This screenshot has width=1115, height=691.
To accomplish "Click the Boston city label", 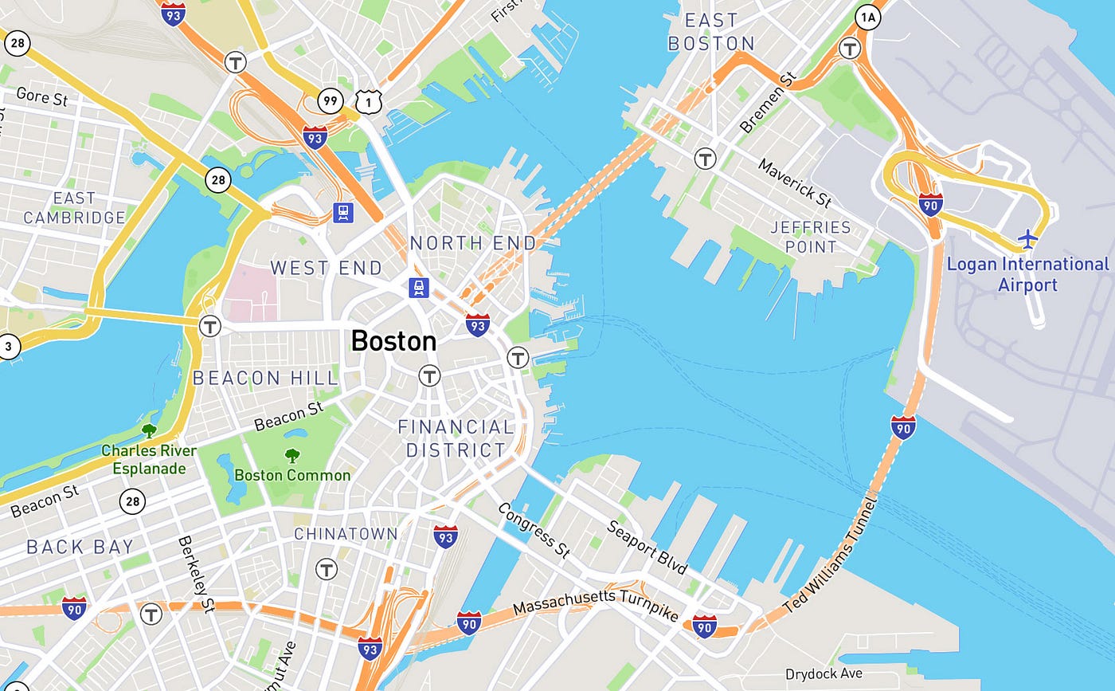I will tap(393, 341).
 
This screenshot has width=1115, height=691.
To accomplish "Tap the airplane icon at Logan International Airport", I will tap(1028, 238).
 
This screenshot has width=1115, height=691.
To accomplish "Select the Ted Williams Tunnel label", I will tap(831, 556).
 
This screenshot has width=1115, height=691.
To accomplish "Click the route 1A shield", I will tap(867, 16).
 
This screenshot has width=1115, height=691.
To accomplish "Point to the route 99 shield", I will tap(330, 100).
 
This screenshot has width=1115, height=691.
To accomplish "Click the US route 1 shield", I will tap(366, 100).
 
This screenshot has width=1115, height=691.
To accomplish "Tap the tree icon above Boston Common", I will tap(291, 456).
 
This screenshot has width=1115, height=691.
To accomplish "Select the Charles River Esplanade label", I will tap(149, 460).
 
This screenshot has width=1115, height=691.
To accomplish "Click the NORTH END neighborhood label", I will tap(472, 242).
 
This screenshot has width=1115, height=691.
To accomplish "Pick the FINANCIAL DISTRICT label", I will tap(456, 438).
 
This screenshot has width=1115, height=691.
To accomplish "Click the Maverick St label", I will tap(794, 183).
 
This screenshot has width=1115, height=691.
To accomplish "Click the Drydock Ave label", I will tap(823, 674).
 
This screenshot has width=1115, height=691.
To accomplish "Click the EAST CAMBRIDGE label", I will tap(74, 207).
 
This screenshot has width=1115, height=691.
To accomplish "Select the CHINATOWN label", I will tap(346, 533).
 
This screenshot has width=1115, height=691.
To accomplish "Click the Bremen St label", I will tap(768, 103).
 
